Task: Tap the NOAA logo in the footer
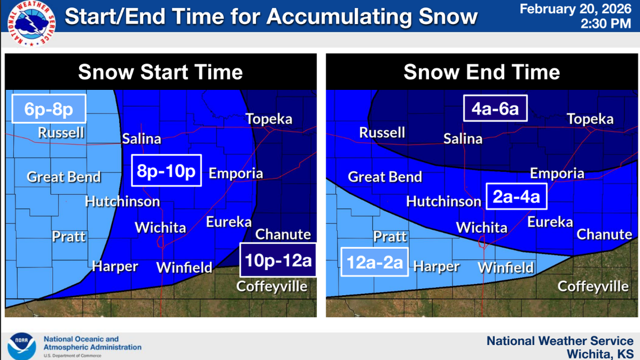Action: tap(21, 346)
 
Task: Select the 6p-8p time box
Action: tap(49, 108)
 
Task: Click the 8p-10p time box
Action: tap(166, 170)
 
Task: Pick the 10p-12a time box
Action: tap(278, 259)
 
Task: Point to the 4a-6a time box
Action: tap(495, 108)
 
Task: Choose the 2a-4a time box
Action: tap(516, 197)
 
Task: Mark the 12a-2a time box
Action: tap(374, 262)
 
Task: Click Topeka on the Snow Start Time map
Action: tap(269, 119)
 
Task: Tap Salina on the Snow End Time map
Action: tap(463, 138)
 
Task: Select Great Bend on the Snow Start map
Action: tap(64, 177)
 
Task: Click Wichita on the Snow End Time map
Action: tap(482, 227)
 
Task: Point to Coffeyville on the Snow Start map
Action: tap(272, 286)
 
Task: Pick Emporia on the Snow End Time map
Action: tap(557, 173)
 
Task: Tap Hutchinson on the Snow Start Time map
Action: tap(122, 201)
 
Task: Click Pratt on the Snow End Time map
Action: tap(390, 236)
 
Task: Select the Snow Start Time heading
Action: tap(161, 72)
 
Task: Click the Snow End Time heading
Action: tap(482, 72)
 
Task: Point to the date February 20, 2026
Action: tap(575, 9)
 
